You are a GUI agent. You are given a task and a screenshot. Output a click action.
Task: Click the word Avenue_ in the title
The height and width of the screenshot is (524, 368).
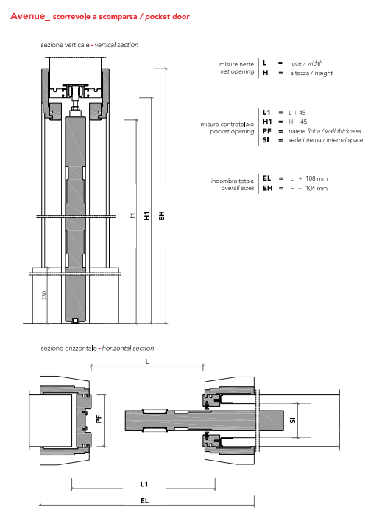pos(30,16)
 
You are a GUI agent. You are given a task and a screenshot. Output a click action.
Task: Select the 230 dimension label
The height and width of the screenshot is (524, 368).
pos(45,296)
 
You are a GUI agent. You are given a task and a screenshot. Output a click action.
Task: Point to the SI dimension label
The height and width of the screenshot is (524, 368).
pos(293,420)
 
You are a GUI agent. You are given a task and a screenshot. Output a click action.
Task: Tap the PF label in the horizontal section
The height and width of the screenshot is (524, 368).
pos(99,419)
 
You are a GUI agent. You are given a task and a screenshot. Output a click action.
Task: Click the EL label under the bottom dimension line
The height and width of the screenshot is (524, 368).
pos(144,500)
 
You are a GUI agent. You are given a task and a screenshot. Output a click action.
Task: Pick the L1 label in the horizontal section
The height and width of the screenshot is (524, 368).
pos(144,484)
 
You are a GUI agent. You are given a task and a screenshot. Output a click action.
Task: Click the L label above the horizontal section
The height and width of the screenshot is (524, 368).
pos(146,362)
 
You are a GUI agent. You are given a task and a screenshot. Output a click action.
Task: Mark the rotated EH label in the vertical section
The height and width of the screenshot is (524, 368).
pos(162,215)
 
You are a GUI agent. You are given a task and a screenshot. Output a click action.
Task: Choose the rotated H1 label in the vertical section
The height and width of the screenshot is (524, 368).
pos(146,215)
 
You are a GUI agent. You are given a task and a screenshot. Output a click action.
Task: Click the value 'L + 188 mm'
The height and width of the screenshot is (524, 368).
pos(308,178)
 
